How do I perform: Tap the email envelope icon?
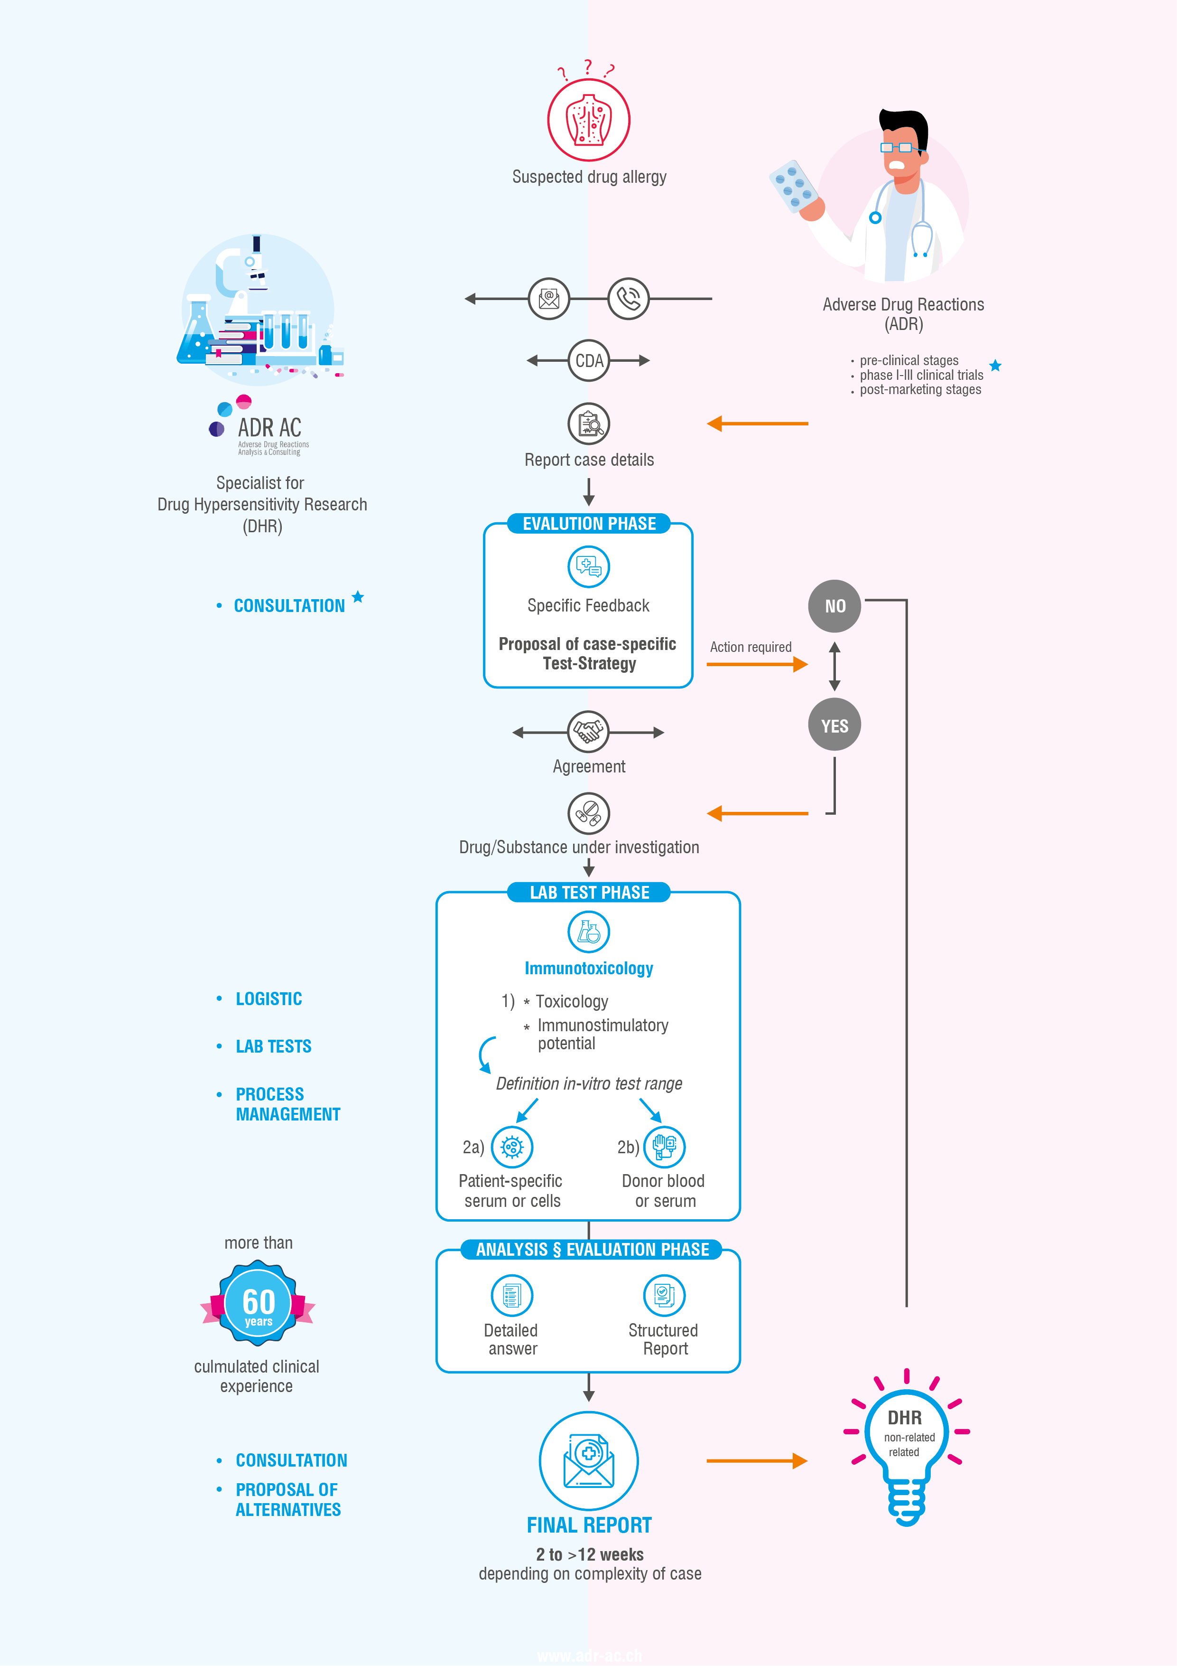click(549, 298)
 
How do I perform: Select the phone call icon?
click(628, 298)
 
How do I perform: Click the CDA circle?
click(588, 361)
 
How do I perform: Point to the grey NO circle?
click(834, 606)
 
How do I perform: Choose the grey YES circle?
click(834, 725)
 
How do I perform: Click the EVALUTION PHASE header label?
click(588, 524)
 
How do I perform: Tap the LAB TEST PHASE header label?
click(588, 893)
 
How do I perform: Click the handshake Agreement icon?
click(588, 732)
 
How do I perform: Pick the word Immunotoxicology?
click(588, 968)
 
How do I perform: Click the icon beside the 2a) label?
click(512, 1147)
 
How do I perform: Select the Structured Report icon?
click(664, 1295)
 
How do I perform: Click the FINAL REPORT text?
click(588, 1525)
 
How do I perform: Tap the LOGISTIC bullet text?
click(269, 998)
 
